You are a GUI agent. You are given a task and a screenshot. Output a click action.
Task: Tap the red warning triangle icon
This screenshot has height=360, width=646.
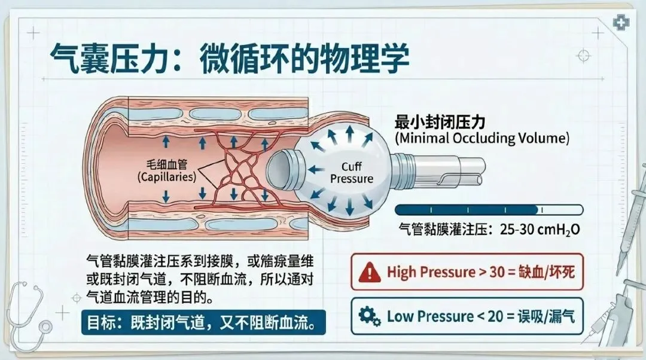coord(370,273)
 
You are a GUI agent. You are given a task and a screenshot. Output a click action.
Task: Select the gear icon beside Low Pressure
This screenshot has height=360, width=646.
coord(370,315)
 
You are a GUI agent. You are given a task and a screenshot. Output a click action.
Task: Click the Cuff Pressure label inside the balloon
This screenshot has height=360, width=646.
coord(352,172)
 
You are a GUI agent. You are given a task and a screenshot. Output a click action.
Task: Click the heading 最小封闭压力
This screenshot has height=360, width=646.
coord(440,121)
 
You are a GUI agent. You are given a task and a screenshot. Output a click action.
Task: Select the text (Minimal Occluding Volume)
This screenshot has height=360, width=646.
coord(482,138)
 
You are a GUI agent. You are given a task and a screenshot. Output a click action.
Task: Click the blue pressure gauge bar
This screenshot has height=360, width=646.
coord(489,209)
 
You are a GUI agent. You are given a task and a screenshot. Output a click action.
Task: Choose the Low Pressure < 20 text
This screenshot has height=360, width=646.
coord(437,315)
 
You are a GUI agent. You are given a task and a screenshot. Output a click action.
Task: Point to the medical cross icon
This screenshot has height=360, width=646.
coord(622,23)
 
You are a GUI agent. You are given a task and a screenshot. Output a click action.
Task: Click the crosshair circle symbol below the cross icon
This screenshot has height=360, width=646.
coord(583,56)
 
